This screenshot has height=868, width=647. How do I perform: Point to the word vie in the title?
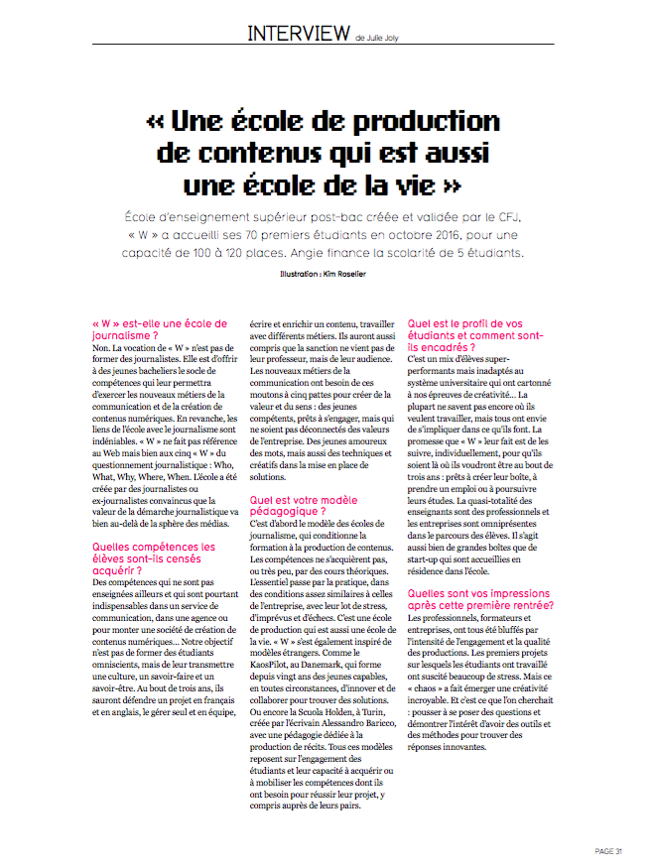click(413, 186)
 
